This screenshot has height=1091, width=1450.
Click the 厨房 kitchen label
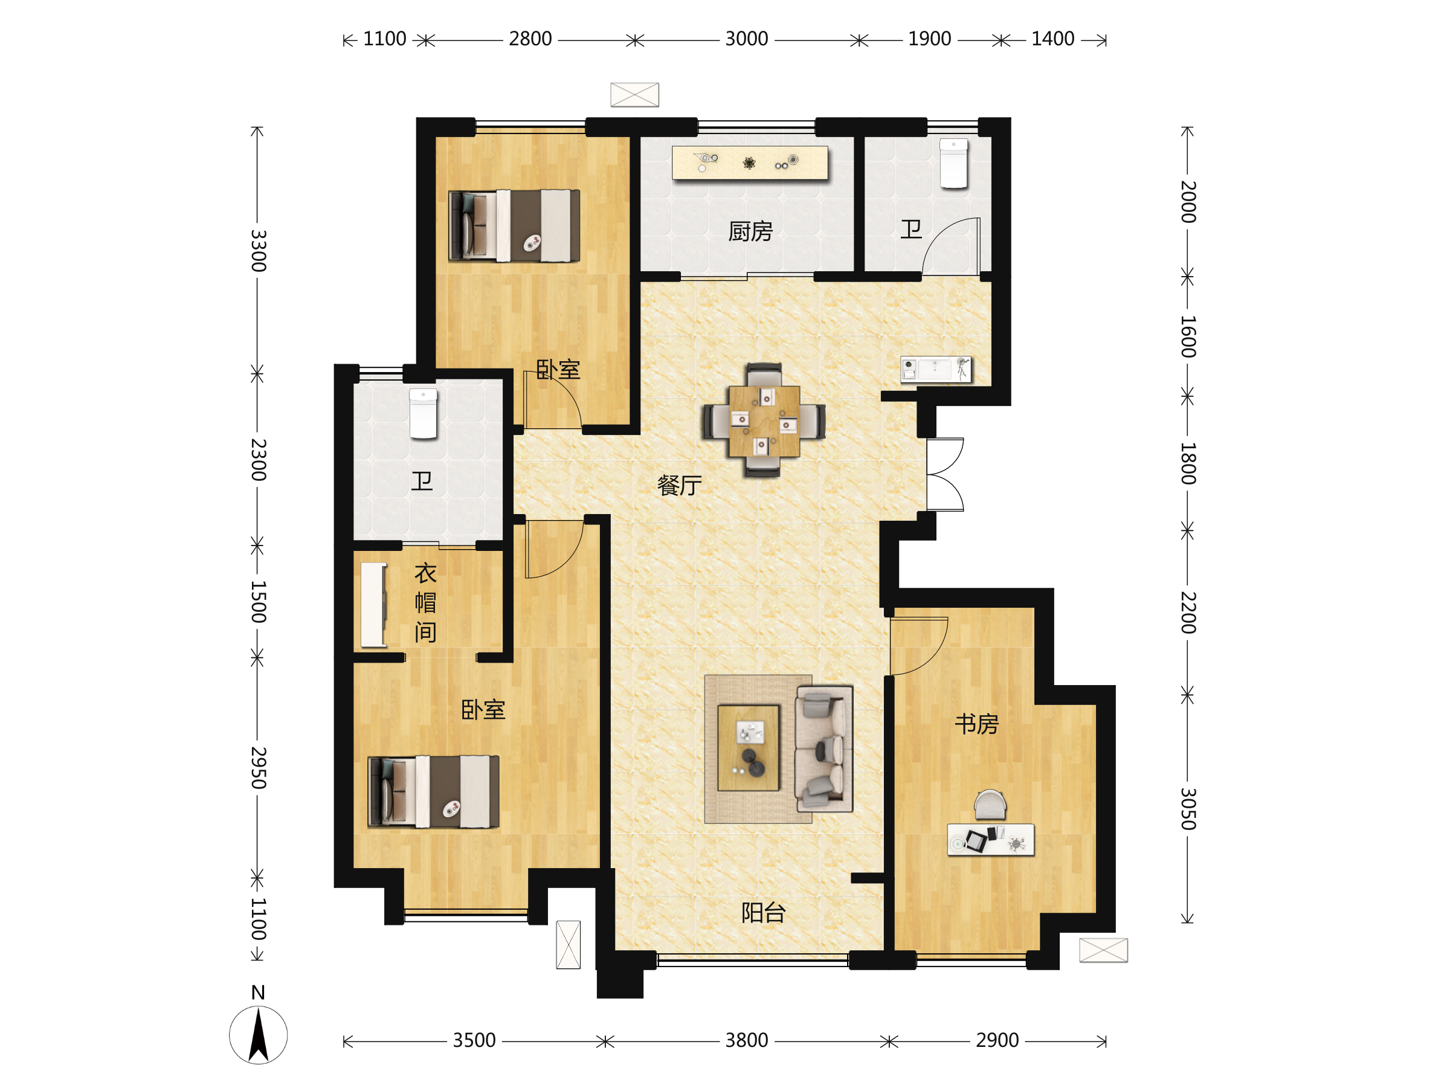click(750, 231)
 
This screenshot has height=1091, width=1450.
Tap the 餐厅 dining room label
click(679, 486)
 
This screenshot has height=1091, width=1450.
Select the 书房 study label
click(977, 724)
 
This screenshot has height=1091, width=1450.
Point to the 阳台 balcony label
click(763, 913)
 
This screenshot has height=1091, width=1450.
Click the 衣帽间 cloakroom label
click(425, 603)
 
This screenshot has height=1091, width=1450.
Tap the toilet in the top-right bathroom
click(954, 163)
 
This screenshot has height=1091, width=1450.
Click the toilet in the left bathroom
click(424, 413)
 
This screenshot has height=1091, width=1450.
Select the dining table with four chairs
click(764, 420)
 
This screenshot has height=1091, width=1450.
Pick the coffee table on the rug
click(749, 748)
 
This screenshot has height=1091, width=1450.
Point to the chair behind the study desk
click(990, 805)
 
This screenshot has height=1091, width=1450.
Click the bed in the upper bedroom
click(514, 226)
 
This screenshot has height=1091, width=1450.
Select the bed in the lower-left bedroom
click(433, 791)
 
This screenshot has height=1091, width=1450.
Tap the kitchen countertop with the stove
click(750, 163)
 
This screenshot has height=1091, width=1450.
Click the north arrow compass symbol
click(258, 1034)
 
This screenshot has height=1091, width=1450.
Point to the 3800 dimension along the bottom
click(747, 1040)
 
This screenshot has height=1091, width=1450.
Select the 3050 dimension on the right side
click(1188, 809)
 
